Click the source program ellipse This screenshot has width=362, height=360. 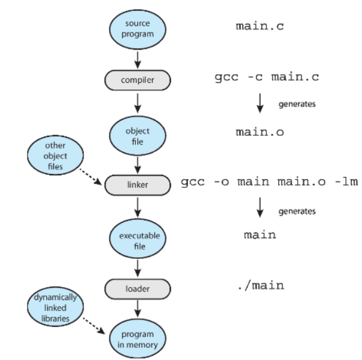point(138,29)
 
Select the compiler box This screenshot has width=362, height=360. point(138,80)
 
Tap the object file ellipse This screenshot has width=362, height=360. point(138,136)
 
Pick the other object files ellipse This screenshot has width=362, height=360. point(55,155)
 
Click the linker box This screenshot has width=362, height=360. point(138,185)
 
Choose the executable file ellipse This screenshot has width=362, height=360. point(138,238)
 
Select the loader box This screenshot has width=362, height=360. point(138,289)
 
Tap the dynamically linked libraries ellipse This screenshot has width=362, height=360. point(55,307)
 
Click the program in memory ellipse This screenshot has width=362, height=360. point(138,339)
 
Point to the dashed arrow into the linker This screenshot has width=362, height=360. point(91,176)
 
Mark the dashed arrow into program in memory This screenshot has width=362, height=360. point(94,326)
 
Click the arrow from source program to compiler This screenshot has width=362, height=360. point(138,60)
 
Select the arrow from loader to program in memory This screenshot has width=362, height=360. point(138,309)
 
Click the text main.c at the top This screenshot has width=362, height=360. point(260,26)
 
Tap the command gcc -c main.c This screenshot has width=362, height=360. point(267,77)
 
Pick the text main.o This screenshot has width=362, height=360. point(260,132)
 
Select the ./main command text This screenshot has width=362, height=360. point(261,286)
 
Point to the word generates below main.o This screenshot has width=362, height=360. point(297,211)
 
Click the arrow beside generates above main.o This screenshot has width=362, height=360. point(260,103)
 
